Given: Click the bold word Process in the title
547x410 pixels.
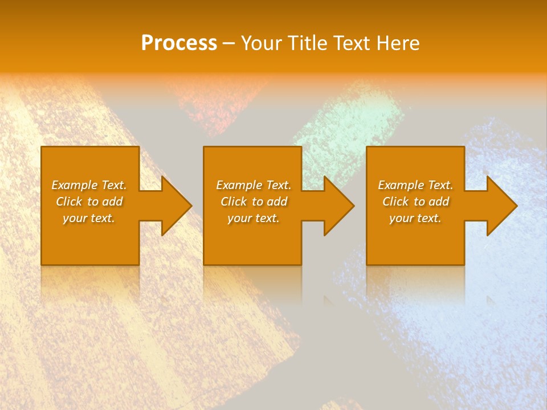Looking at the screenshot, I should [179, 43].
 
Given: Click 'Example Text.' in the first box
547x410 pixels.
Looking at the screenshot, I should [89, 185].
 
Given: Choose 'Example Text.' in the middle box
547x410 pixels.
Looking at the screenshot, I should [254, 185].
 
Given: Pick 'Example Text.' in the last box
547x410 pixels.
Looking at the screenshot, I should [415, 185].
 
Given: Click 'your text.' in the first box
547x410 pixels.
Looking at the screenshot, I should [89, 218].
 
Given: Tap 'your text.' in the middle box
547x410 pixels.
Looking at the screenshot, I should [254, 218].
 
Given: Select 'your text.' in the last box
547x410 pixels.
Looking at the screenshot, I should [415, 218].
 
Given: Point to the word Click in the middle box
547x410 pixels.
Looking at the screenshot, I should [234, 202].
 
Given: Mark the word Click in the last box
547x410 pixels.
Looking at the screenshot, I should [395, 202].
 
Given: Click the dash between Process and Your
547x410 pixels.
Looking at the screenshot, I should [228, 43].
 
